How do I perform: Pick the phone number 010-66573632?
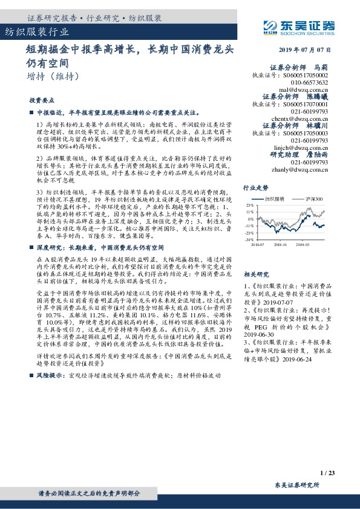[x=310, y=82]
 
